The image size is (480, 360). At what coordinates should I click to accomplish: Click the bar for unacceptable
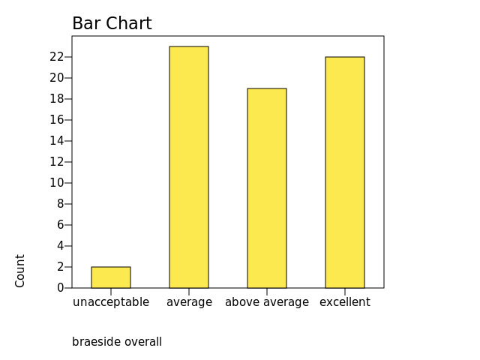click(x=111, y=277)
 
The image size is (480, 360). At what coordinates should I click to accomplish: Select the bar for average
click(x=189, y=167)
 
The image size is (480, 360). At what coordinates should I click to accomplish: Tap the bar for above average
click(x=267, y=188)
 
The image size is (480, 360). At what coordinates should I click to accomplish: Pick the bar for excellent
click(x=345, y=172)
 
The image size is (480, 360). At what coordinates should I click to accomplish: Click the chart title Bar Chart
click(x=112, y=24)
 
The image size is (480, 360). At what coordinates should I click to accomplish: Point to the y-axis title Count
click(x=20, y=271)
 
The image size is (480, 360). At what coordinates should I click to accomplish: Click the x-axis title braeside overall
click(x=117, y=342)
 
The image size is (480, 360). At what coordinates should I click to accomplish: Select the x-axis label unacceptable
click(x=111, y=302)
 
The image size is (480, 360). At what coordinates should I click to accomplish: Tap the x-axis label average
click(x=189, y=302)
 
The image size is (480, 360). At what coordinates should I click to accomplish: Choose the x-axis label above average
click(x=267, y=302)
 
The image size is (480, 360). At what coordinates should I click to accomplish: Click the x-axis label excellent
click(x=345, y=302)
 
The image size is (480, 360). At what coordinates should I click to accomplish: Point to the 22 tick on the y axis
click(x=56, y=57)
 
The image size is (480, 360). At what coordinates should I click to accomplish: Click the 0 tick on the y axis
click(x=60, y=288)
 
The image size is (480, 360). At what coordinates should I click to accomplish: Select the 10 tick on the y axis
click(x=56, y=183)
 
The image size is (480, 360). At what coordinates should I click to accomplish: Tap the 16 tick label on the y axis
click(x=56, y=120)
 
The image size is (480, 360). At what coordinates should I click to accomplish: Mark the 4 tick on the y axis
click(x=60, y=246)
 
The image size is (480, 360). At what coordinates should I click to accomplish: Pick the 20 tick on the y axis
click(x=56, y=78)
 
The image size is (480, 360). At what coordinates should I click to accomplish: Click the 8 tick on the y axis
click(x=60, y=204)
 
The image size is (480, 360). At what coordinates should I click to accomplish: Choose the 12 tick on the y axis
click(x=56, y=162)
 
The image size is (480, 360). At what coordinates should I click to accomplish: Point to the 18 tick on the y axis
click(x=56, y=99)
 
